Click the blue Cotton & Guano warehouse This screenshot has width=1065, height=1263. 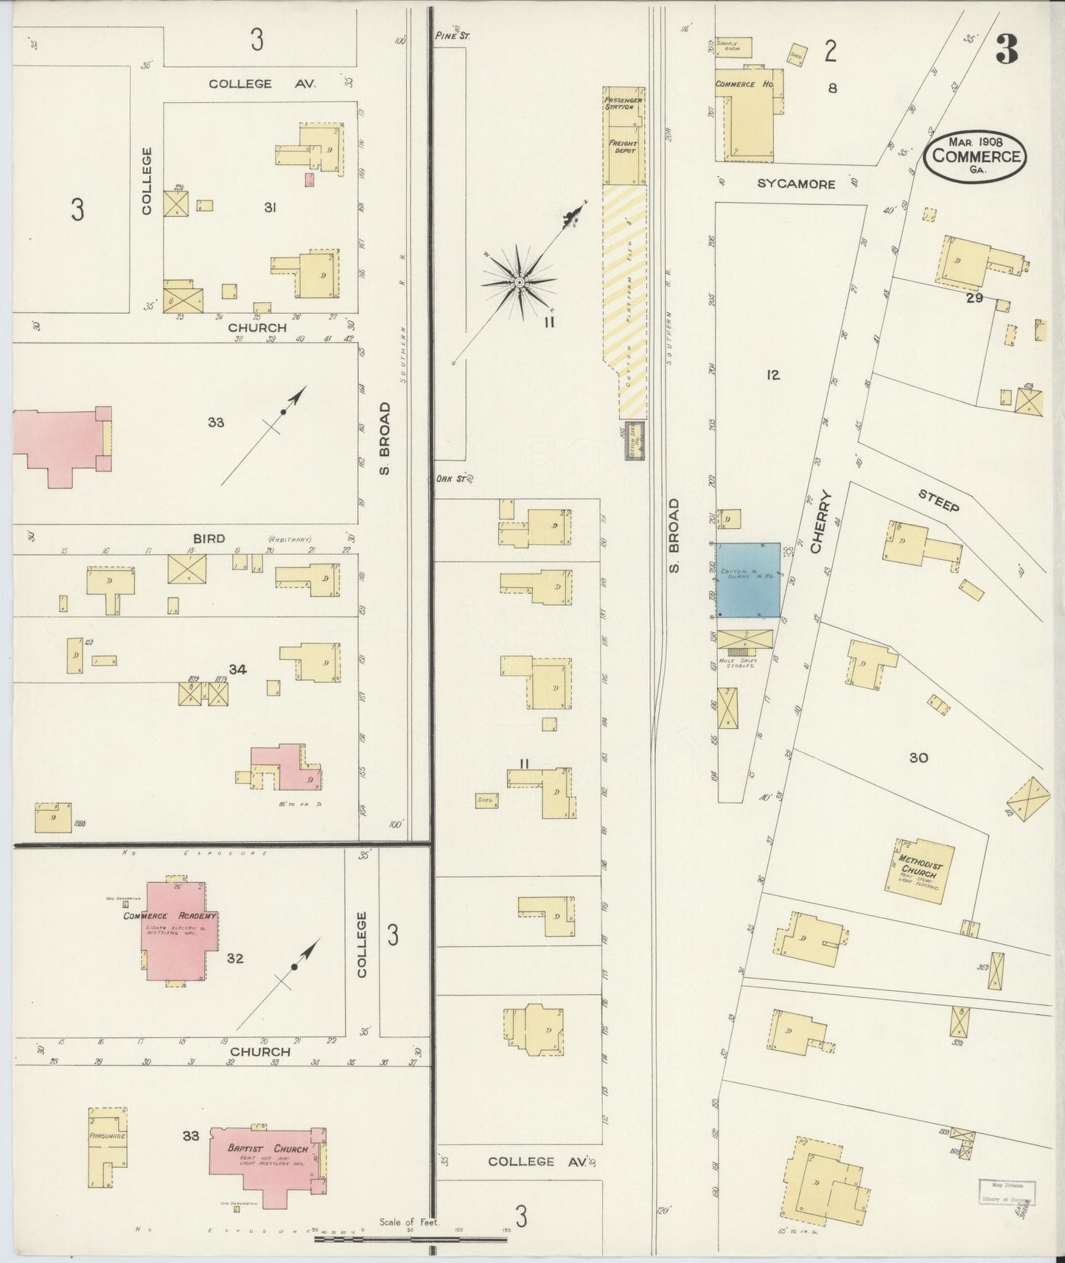749,580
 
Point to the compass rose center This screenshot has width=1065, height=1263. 519,282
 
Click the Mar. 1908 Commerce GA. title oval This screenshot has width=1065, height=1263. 976,155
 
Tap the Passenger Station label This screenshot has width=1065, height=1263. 618,103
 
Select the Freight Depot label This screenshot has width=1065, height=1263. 621,146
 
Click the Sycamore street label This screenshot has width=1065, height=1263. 796,184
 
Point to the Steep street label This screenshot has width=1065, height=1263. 939,501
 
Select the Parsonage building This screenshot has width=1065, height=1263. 107,1156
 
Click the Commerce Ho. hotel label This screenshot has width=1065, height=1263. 744,84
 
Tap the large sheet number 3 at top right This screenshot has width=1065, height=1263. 1006,50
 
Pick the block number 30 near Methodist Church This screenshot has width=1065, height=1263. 918,758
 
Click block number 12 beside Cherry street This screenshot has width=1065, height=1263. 772,375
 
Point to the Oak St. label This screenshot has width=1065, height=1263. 450,479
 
